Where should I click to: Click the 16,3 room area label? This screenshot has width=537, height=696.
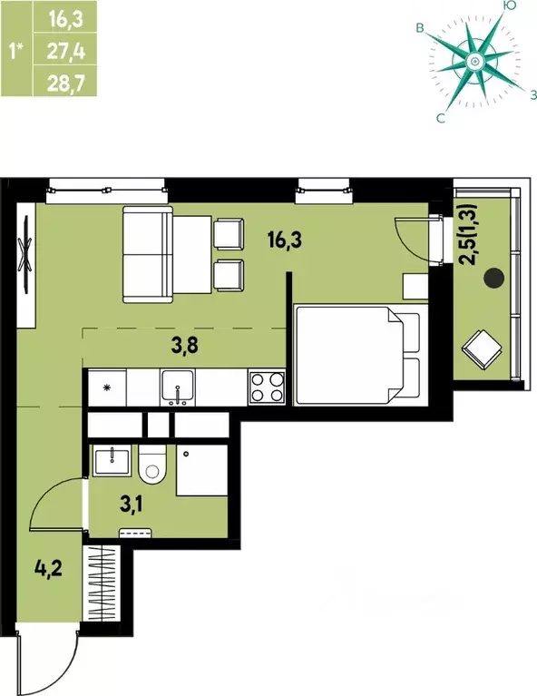tap(285, 240)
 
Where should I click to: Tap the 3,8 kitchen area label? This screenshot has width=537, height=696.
tap(185, 346)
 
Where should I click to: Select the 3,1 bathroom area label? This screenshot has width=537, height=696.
tap(132, 505)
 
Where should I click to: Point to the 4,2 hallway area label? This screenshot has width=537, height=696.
tap(48, 567)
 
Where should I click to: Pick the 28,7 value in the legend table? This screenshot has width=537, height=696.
tap(65, 83)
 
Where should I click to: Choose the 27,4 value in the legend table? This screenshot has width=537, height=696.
tap(65, 52)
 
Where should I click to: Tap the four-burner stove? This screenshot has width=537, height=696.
tap(267, 387)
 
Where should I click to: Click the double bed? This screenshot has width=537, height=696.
tap(357, 354)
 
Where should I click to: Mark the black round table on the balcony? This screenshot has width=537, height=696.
tap(493, 278)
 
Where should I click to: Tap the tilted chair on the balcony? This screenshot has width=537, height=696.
tap(482, 348)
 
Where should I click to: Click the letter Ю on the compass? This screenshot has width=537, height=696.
tap(510, 5)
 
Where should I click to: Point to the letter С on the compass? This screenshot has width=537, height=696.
tap(441, 118)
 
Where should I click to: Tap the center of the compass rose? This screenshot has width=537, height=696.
tap(474, 62)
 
